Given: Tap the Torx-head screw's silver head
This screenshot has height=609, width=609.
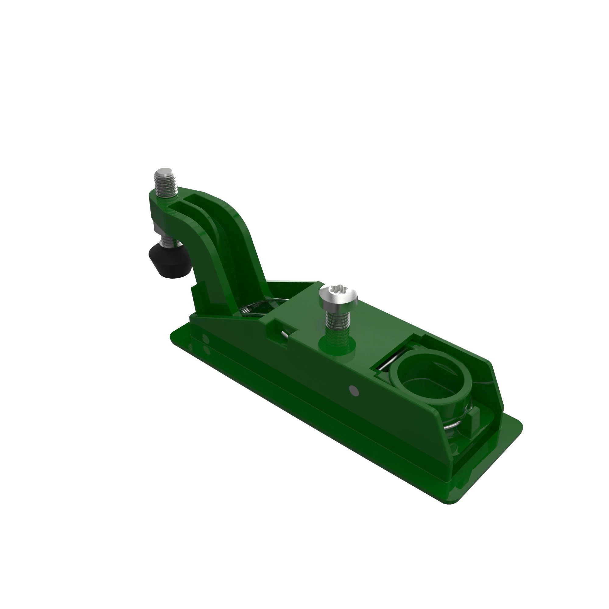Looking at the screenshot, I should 338,297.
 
